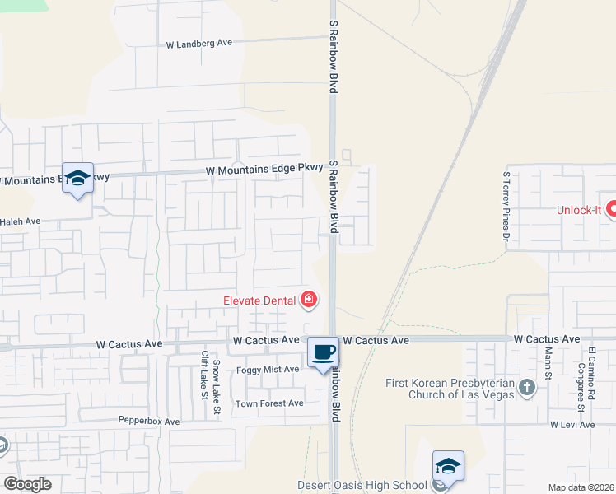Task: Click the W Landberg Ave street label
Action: [x=199, y=44]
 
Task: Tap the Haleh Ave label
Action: [x=20, y=221]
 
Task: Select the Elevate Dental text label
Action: [x=260, y=301]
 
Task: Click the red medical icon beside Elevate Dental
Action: [x=309, y=300]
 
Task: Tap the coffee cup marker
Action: [x=324, y=352]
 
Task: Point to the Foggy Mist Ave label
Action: [x=268, y=370]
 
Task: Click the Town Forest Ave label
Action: [x=269, y=403]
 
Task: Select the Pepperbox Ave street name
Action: [x=148, y=422]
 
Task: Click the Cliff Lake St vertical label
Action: [x=204, y=375]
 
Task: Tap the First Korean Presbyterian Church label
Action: [x=450, y=389]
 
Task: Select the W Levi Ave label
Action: [x=572, y=425]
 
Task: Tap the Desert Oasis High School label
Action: [x=363, y=485]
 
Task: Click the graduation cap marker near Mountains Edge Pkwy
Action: [x=77, y=179]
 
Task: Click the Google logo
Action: [x=27, y=484]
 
